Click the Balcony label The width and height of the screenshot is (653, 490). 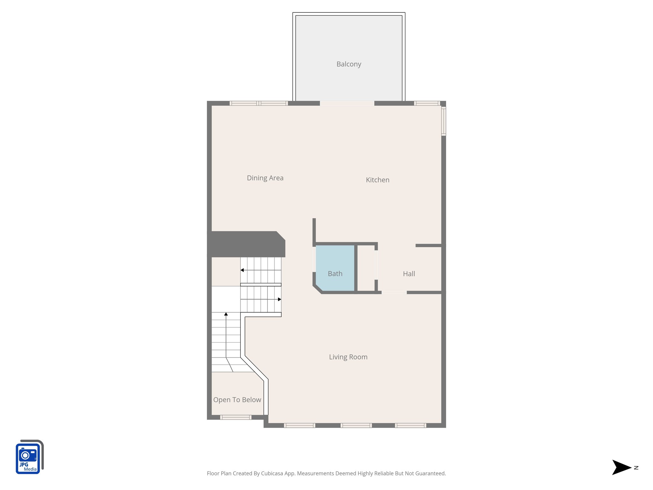point(349,64)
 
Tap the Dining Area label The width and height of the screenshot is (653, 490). point(265,178)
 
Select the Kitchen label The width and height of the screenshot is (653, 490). point(378,180)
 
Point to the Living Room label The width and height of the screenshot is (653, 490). point(348,357)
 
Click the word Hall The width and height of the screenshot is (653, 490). point(409,274)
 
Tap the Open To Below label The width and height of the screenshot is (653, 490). point(237,400)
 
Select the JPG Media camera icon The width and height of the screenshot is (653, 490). point(29,457)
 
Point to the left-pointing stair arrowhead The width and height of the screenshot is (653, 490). point(242,270)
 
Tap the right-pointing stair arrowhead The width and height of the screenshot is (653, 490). point(279,299)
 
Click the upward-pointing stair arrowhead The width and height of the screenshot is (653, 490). point(226,314)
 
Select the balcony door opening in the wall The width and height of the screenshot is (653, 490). point(347,103)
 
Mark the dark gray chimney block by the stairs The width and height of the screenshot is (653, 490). point(246,244)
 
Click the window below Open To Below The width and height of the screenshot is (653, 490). point(236,417)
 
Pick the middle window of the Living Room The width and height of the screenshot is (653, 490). point(356,425)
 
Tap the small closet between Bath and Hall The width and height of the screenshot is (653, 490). point(366,268)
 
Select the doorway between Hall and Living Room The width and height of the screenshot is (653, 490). point(394,292)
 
